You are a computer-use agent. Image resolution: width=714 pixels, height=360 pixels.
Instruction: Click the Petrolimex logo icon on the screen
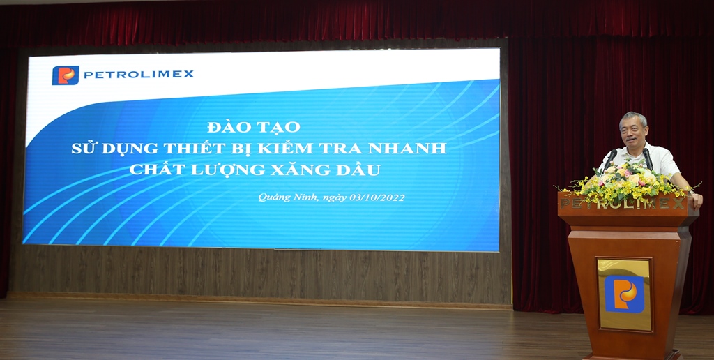(x=66, y=75)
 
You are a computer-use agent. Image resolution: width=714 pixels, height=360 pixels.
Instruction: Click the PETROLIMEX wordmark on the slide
(x=139, y=74)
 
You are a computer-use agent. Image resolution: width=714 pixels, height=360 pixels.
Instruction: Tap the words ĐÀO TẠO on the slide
(x=254, y=127)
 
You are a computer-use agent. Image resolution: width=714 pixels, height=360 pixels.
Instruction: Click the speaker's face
(x=633, y=130)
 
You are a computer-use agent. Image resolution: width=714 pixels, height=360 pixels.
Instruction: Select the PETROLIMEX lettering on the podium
(x=623, y=204)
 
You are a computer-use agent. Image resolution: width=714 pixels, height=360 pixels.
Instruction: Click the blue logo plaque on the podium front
(x=624, y=294)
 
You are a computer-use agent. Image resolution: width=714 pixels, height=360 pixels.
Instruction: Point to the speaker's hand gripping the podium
(x=695, y=199)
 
